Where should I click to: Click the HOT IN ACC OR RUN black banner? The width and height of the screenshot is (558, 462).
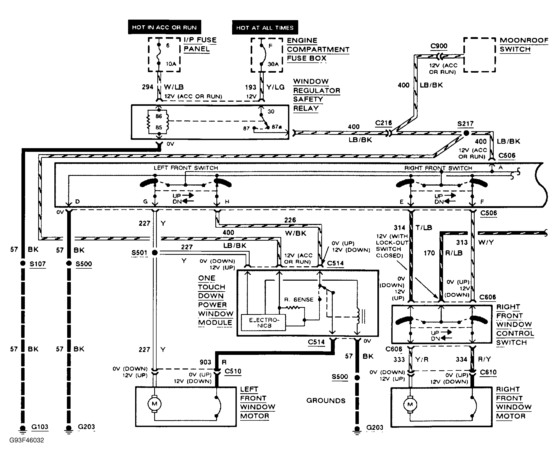[164, 27]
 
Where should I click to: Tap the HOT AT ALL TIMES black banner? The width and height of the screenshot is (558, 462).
[265, 28]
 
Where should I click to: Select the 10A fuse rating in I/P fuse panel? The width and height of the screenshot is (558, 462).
[171, 64]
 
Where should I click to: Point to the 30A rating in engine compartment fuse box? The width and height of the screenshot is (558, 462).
[273, 64]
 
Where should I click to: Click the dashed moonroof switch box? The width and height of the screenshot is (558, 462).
[479, 55]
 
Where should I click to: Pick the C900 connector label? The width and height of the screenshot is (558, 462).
[439, 46]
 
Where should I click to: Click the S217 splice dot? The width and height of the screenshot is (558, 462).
[466, 133]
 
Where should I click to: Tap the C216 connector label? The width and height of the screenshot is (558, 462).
[383, 123]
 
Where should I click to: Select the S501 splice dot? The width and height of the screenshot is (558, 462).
[155, 253]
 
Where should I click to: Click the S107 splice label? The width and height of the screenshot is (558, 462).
[37, 264]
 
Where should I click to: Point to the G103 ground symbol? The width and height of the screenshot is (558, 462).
[23, 429]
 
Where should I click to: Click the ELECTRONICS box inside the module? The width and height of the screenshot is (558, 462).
[264, 322]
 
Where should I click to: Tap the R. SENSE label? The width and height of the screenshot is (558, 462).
[299, 299]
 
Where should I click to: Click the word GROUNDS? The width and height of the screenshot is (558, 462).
[326, 401]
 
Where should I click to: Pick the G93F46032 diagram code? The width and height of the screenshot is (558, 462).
[27, 440]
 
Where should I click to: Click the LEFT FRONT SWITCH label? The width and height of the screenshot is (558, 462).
[186, 168]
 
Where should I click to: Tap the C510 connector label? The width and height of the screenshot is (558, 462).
[233, 371]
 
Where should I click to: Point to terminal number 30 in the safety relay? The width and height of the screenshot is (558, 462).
[271, 112]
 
